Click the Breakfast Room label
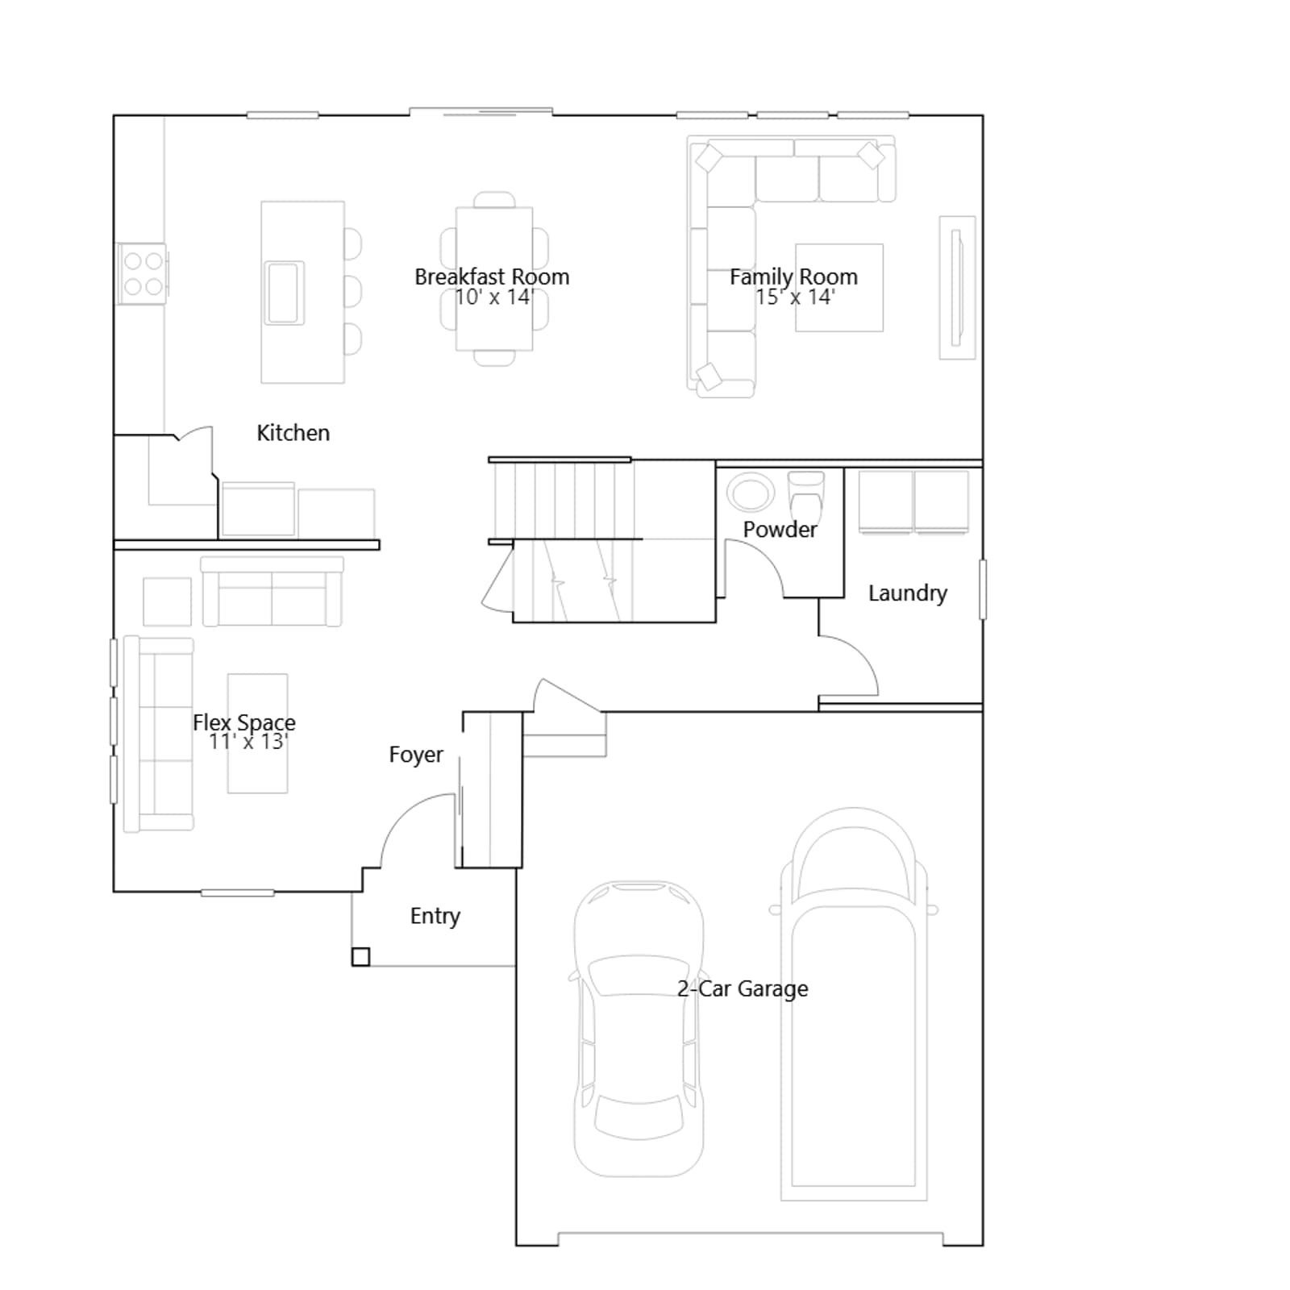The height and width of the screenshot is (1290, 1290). (492, 277)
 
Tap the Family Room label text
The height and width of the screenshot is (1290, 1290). (793, 277)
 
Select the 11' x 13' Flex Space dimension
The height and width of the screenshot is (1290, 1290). (248, 742)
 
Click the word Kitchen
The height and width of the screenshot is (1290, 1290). (293, 433)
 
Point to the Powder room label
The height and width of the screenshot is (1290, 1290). (780, 530)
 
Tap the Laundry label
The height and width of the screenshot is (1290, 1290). (907, 593)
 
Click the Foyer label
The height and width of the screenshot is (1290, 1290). (416, 755)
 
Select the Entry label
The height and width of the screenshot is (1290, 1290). (435, 916)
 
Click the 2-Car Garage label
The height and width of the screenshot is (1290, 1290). (743, 988)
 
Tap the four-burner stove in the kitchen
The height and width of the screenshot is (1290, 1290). (143, 274)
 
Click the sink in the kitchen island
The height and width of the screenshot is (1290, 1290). (285, 292)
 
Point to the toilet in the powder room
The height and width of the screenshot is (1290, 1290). (805, 496)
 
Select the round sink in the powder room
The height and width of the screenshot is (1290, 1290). (751, 491)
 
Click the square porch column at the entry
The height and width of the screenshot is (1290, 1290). (360, 957)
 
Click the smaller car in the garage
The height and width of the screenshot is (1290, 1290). (639, 1029)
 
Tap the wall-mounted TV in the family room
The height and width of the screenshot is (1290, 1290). (957, 288)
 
